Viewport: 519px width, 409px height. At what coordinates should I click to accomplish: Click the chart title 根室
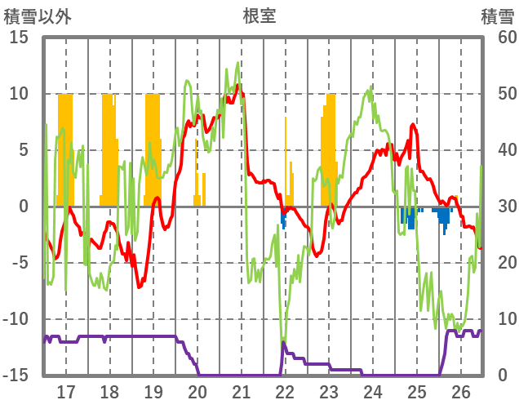(x=259, y=16)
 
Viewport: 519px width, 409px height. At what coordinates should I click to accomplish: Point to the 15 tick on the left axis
(x=18, y=38)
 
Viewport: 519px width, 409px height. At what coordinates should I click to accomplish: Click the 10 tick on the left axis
(x=18, y=94)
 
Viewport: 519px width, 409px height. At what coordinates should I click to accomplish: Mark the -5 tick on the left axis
(x=18, y=263)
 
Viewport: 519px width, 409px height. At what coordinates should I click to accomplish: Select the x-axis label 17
(x=66, y=391)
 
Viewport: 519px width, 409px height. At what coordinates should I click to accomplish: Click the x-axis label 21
(x=242, y=391)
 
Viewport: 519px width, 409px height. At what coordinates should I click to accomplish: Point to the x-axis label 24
(x=373, y=391)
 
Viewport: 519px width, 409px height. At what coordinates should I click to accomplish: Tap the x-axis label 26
(x=461, y=391)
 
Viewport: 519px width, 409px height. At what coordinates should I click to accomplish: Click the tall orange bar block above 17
(x=65, y=147)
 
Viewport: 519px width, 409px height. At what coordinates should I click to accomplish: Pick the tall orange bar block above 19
(x=153, y=147)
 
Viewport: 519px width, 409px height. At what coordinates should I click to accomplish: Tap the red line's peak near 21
(x=238, y=86)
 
